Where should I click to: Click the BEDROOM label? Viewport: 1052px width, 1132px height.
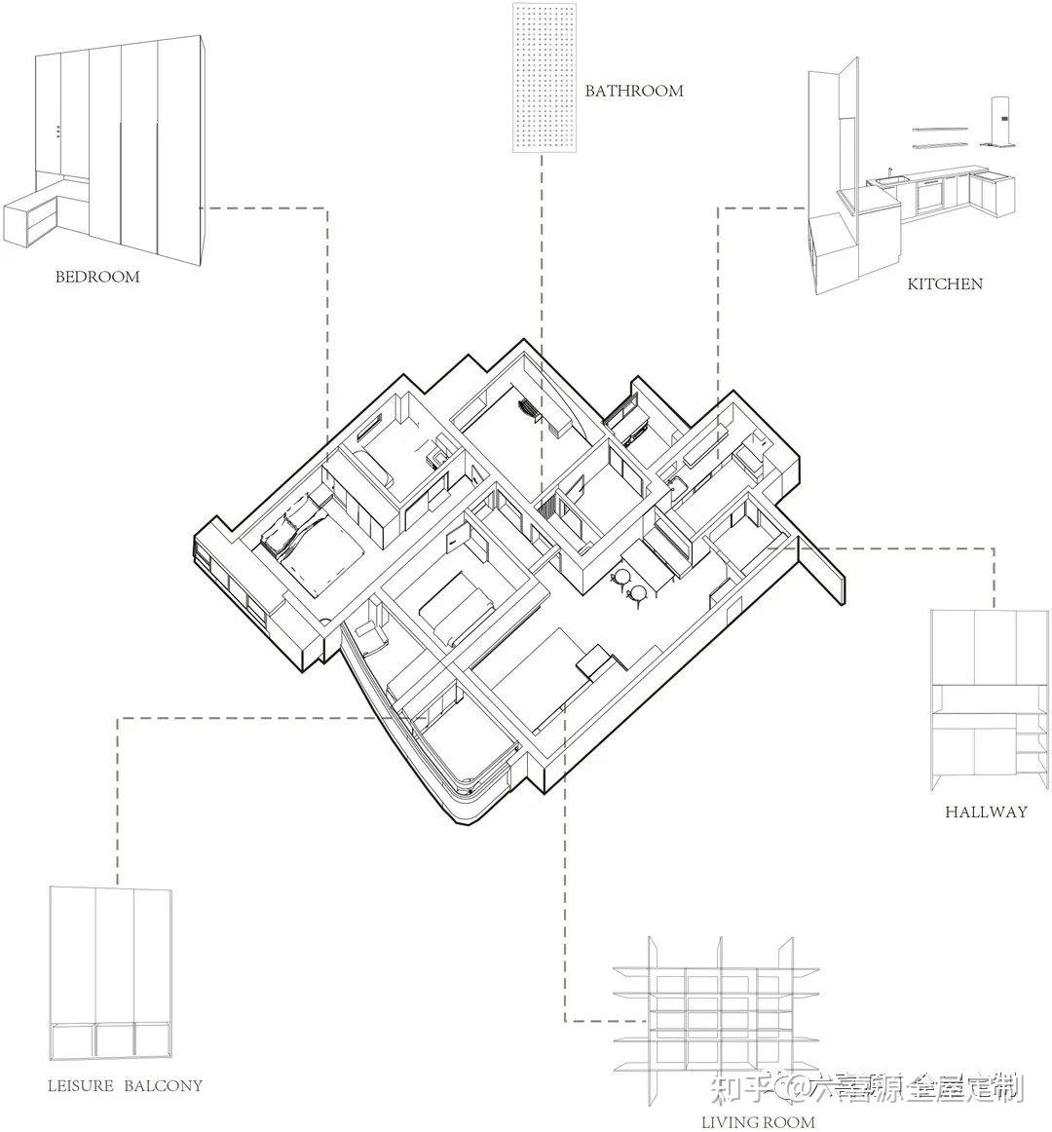(x=97, y=277)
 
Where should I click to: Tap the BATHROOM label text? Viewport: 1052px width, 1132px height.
(x=634, y=91)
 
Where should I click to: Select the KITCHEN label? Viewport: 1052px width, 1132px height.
(x=945, y=284)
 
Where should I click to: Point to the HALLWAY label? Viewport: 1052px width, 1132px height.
(x=986, y=811)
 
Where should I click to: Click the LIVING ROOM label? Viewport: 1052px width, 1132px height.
(x=758, y=1122)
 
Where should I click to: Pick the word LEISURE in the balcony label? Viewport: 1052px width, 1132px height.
(x=81, y=1085)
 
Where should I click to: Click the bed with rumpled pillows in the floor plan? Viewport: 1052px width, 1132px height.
(x=302, y=541)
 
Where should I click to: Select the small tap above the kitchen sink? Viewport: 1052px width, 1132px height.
(x=889, y=172)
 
